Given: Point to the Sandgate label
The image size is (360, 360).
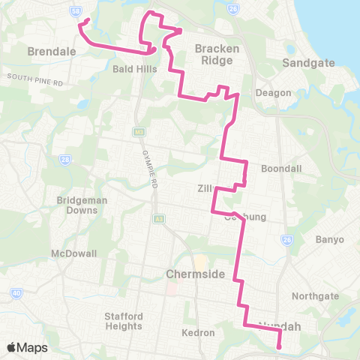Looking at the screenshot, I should click(303, 64).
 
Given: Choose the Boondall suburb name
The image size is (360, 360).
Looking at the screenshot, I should click(281, 169).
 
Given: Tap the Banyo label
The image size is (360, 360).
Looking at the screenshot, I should click(330, 239).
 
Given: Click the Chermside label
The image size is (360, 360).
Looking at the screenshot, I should click(195, 274).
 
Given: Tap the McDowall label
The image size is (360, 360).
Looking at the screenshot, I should click(74, 253).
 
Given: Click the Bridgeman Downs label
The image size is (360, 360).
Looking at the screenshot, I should click(78, 205).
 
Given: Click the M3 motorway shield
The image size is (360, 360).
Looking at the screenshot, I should click(138, 133).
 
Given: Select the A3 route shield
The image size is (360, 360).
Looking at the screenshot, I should click(159, 219).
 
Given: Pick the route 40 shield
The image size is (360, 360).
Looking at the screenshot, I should click(16, 292).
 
